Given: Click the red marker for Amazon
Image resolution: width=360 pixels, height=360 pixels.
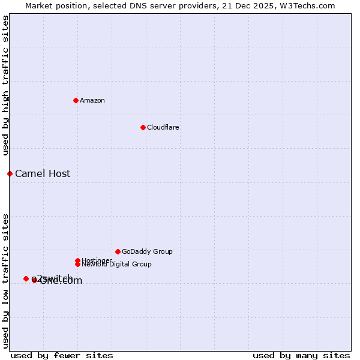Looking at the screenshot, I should pyautogui.click(x=76, y=100).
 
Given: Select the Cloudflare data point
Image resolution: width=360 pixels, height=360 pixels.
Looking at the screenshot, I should pyautogui.click(x=143, y=127).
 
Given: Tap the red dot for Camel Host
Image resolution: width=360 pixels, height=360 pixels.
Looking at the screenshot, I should pyautogui.click(x=10, y=173).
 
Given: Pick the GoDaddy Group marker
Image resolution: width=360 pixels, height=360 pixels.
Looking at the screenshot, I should pyautogui.click(x=118, y=251).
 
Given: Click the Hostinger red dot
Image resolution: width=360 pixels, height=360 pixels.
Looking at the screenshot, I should pyautogui.click(x=77, y=260).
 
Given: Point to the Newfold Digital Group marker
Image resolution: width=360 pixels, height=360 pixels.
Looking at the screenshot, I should pyautogui.click(x=77, y=265).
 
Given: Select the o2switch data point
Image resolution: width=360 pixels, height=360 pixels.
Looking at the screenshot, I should pyautogui.click(x=26, y=278).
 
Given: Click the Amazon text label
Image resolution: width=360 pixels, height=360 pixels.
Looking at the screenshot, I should pyautogui.click(x=92, y=100).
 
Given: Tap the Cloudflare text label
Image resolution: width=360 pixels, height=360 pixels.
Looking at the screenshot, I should pyautogui.click(x=163, y=127).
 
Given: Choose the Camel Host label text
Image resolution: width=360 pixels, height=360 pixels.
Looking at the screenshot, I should pyautogui.click(x=43, y=174).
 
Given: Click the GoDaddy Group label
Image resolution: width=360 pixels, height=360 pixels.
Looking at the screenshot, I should pyautogui.click(x=147, y=251).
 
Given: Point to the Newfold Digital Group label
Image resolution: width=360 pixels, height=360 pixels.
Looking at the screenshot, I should pyautogui.click(x=116, y=265).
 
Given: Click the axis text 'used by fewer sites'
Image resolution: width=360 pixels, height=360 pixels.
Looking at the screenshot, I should pyautogui.click(x=62, y=355).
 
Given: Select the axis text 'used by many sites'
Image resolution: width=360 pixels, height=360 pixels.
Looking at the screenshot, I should pyautogui.click(x=301, y=355).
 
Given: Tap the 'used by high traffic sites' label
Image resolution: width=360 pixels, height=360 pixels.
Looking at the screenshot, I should pyautogui.click(x=6, y=86).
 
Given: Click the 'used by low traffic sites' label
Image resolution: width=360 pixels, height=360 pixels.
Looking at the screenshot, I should pyautogui.click(x=6, y=280).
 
